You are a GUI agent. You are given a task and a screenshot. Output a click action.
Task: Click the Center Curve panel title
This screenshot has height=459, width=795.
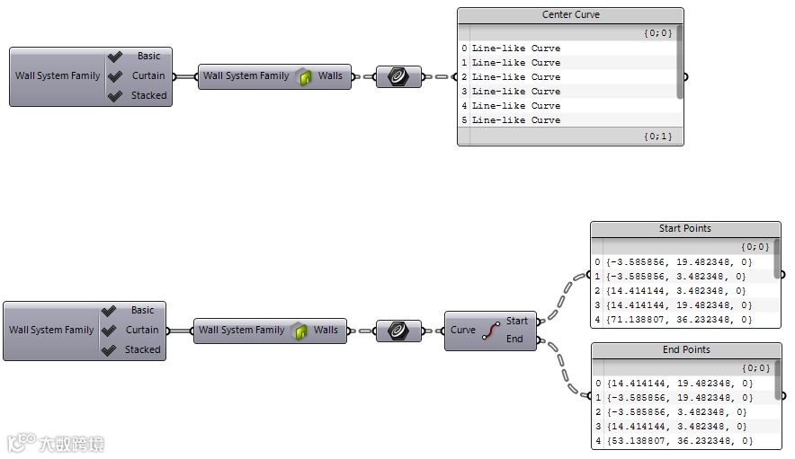(x=570, y=15)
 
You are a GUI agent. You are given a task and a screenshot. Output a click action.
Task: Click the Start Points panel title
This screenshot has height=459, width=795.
(x=684, y=229)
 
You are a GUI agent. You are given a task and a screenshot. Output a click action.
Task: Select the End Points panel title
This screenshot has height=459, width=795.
(x=684, y=350)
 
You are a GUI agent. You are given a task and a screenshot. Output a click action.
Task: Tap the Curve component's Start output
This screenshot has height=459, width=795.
(x=517, y=321)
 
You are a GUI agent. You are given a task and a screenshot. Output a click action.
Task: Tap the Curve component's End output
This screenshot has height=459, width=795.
(x=514, y=339)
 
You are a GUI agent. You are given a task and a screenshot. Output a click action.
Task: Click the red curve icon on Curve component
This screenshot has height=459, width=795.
(x=490, y=331)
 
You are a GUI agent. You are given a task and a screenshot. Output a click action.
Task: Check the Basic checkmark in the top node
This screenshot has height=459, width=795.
(x=114, y=57)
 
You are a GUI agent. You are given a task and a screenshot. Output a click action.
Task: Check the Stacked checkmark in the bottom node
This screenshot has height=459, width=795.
(x=109, y=349)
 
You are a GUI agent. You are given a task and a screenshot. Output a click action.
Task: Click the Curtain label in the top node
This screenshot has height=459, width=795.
(x=148, y=75)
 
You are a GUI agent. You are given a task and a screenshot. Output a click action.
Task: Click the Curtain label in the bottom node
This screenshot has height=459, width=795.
(x=142, y=330)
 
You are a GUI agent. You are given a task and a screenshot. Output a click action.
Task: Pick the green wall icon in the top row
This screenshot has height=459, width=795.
(x=303, y=76)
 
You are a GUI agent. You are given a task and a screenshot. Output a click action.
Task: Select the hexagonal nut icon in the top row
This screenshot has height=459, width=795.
(x=398, y=76)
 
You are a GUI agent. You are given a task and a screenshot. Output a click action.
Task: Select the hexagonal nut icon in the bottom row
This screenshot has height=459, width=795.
(x=397, y=331)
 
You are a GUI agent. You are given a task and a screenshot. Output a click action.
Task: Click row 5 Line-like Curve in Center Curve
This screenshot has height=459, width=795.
(x=516, y=119)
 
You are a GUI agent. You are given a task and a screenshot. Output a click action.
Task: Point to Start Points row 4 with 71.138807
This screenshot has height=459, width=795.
(x=680, y=320)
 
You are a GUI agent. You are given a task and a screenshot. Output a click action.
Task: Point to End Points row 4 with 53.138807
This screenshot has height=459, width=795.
(x=680, y=441)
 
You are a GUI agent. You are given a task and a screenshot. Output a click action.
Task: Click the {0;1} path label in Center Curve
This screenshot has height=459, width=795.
(x=657, y=137)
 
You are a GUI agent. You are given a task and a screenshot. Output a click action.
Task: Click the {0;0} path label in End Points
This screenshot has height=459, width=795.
(x=755, y=368)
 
